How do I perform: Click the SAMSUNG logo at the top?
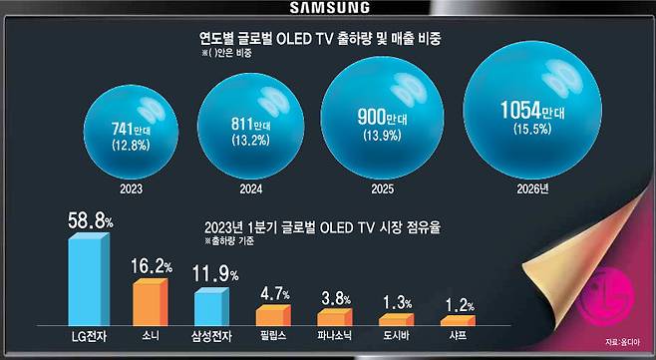coord(328,8)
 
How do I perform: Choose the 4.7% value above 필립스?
coord(276,295)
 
